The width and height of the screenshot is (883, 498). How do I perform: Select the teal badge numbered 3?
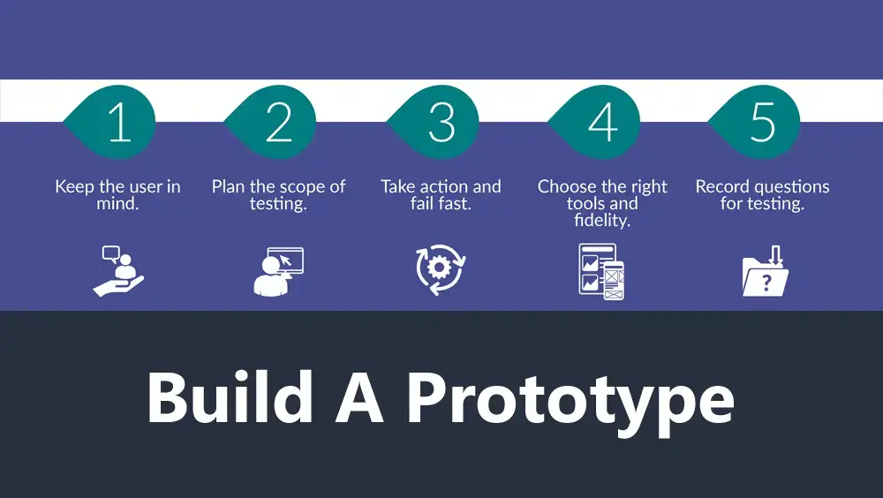pyautogui.click(x=434, y=122)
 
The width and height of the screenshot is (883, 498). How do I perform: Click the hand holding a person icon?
pyautogui.click(x=118, y=271)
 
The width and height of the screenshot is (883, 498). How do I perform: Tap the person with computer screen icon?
pyautogui.click(x=278, y=272)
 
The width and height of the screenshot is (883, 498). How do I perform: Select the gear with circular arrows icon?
pyautogui.click(x=441, y=269)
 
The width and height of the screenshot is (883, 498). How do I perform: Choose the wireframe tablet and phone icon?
pyautogui.click(x=601, y=272)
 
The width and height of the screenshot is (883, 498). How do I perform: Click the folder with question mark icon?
pyautogui.click(x=765, y=271)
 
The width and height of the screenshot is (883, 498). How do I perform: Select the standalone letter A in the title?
pyautogui.click(x=360, y=397)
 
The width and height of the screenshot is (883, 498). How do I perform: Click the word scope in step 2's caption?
pyautogui.click(x=301, y=187)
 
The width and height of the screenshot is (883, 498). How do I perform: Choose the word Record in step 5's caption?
pyautogui.click(x=721, y=186)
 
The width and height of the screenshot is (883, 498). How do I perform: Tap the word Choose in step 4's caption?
pyautogui.click(x=563, y=186)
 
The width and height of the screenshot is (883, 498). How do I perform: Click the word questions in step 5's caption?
pyautogui.click(x=790, y=187)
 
